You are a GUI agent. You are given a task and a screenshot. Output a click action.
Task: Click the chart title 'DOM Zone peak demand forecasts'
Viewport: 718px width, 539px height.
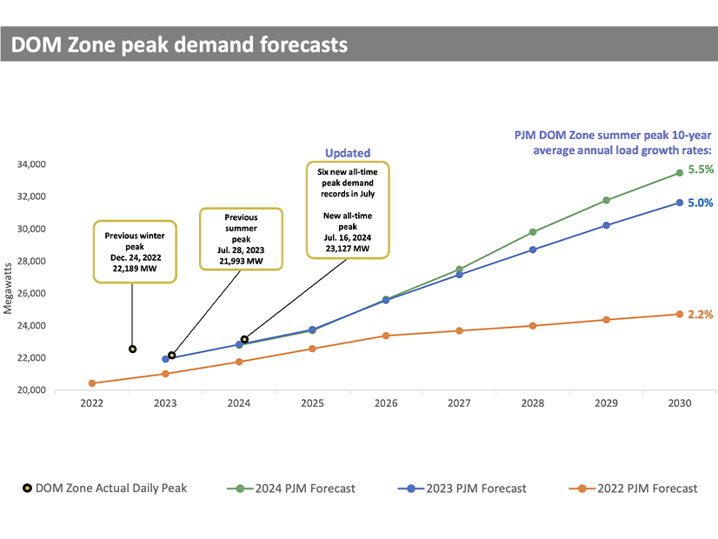(x=178, y=43)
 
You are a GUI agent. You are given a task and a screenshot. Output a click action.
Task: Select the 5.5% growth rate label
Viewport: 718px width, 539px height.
(x=701, y=170)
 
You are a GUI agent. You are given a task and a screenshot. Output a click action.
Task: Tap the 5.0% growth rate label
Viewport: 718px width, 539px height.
(x=701, y=203)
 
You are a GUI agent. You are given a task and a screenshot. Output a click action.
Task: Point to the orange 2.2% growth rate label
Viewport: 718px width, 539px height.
(x=701, y=314)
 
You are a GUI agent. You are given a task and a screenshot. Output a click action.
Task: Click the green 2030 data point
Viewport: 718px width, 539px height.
(x=679, y=173)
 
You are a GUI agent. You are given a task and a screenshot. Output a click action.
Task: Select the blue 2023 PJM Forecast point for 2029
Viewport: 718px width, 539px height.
(x=606, y=225)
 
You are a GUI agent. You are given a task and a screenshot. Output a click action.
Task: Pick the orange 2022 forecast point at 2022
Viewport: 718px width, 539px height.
(x=92, y=383)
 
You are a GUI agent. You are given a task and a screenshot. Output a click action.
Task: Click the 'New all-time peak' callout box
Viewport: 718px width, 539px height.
(x=348, y=209)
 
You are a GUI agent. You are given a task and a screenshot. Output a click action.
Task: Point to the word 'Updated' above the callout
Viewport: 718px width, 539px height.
(x=348, y=153)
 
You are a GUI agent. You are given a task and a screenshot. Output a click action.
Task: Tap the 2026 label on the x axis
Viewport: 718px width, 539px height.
(x=386, y=404)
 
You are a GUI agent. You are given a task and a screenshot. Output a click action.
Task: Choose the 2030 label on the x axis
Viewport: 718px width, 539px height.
(x=680, y=404)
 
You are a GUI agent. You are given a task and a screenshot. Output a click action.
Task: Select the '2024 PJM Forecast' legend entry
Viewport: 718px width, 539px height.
(x=296, y=488)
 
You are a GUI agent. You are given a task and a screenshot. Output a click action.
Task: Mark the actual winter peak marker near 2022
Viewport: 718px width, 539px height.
(x=132, y=349)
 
